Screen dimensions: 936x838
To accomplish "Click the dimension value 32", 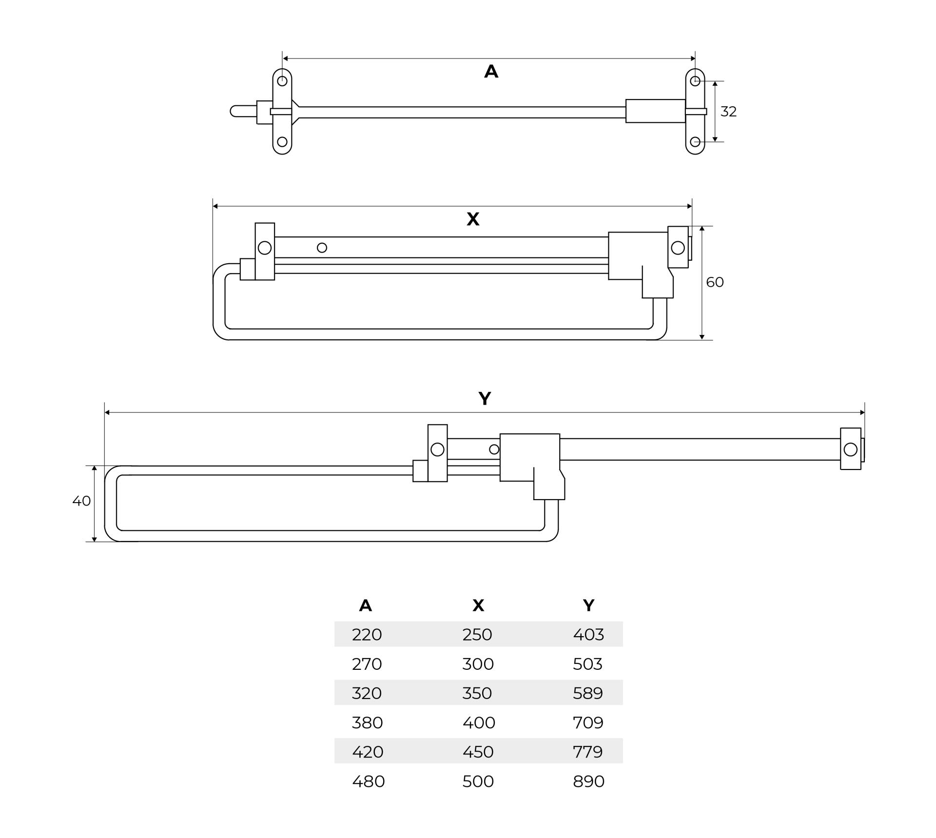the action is [x=728, y=112].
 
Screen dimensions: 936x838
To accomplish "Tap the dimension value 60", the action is [x=715, y=282].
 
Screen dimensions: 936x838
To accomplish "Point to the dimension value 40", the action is [x=81, y=501].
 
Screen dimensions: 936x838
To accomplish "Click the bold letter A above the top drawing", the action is [x=491, y=72].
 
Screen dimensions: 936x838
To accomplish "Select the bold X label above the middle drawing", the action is [x=473, y=219].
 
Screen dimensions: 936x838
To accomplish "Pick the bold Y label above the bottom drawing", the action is [x=485, y=399].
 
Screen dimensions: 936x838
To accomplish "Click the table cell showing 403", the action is [x=588, y=634].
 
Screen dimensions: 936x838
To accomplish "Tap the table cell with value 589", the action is [x=588, y=693].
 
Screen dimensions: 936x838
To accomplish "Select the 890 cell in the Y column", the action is [x=588, y=781].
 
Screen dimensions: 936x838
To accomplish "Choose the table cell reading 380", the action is [x=367, y=722].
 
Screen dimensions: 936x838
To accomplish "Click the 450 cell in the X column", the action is [x=478, y=752].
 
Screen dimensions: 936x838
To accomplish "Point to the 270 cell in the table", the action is [x=367, y=664].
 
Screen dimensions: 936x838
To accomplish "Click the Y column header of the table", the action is [x=588, y=605].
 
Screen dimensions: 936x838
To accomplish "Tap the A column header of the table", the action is [x=366, y=605].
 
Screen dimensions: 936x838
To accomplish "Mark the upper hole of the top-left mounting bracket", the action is [x=282, y=81].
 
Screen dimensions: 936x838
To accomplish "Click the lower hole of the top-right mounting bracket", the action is [x=695, y=142].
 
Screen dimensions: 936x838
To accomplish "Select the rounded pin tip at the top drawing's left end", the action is [x=234, y=111].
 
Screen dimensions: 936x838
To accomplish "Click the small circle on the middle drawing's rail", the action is [x=322, y=248].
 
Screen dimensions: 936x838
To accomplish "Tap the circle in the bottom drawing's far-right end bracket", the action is [x=850, y=449].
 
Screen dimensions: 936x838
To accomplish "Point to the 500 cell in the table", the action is [x=478, y=781].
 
